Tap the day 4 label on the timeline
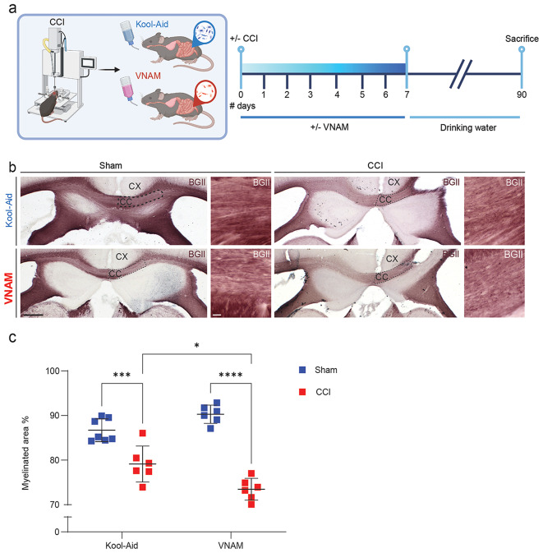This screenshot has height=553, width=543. click(337, 95)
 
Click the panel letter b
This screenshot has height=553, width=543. click(12, 167)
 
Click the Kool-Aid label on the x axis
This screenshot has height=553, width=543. click(120, 545)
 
